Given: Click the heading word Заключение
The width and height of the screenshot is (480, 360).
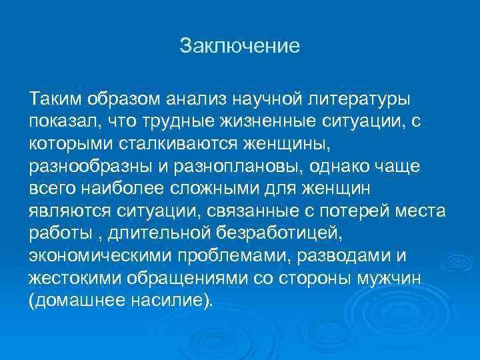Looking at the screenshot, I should pos(240,47).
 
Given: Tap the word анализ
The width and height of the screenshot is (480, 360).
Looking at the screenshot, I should pos(195,99).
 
